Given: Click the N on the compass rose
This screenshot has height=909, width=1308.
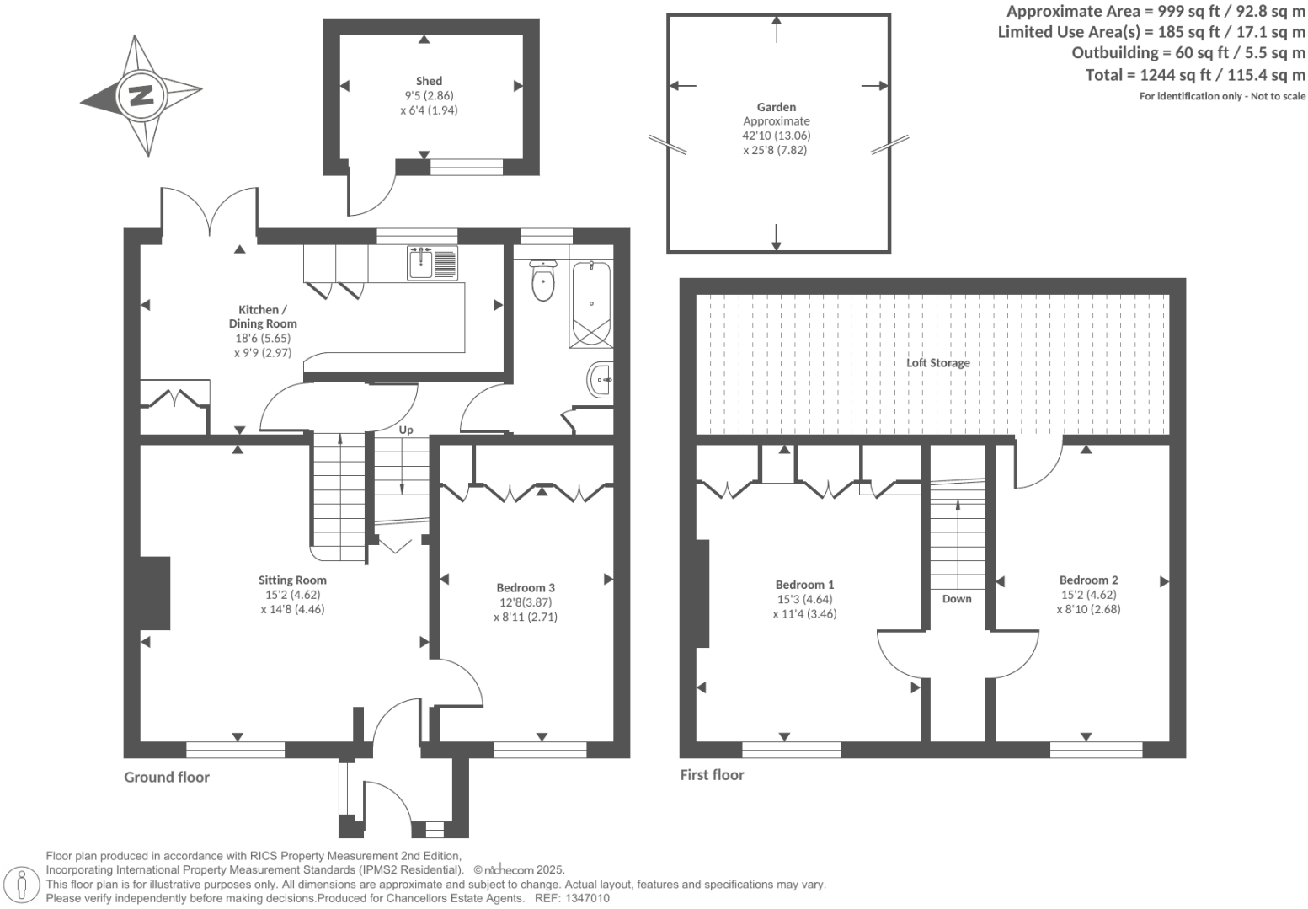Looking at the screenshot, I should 141,94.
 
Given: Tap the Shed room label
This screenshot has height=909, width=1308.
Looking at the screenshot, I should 429,82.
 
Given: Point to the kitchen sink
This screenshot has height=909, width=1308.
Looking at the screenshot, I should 432,263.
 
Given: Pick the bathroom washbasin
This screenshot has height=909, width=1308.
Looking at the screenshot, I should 601,380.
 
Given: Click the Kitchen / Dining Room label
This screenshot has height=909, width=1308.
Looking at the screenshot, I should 262,317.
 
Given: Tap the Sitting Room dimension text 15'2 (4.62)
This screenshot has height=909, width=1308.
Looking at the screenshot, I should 292,595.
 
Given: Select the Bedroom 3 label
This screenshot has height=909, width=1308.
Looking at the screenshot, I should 525,588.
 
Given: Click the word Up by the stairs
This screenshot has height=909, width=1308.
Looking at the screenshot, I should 406,430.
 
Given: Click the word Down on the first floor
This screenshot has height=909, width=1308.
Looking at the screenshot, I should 957,599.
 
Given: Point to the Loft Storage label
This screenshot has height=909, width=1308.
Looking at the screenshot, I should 937,363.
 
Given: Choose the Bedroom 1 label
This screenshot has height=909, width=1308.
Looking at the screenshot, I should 804,585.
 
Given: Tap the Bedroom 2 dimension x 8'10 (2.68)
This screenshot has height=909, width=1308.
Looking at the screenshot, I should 1088,609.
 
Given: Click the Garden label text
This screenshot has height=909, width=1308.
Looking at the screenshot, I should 776,107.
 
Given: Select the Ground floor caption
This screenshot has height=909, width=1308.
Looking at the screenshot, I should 167,777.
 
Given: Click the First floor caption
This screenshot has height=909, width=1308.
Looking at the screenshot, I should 712,774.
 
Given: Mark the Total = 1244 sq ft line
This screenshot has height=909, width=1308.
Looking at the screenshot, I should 1195,75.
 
